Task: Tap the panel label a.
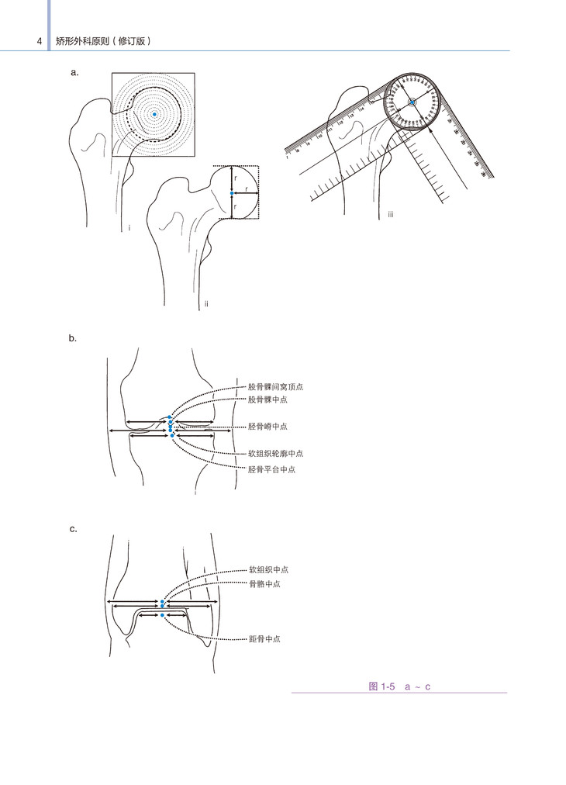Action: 74,72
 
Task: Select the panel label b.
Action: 73,338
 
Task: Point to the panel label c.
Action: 73,529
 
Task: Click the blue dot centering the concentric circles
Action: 154,115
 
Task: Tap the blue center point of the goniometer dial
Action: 412,102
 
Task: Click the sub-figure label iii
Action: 392,215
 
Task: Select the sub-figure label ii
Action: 206,303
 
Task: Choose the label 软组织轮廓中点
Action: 275,453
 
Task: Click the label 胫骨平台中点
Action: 272,469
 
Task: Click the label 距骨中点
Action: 264,639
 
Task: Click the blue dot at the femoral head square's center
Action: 232,192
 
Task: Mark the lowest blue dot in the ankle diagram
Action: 162,614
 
